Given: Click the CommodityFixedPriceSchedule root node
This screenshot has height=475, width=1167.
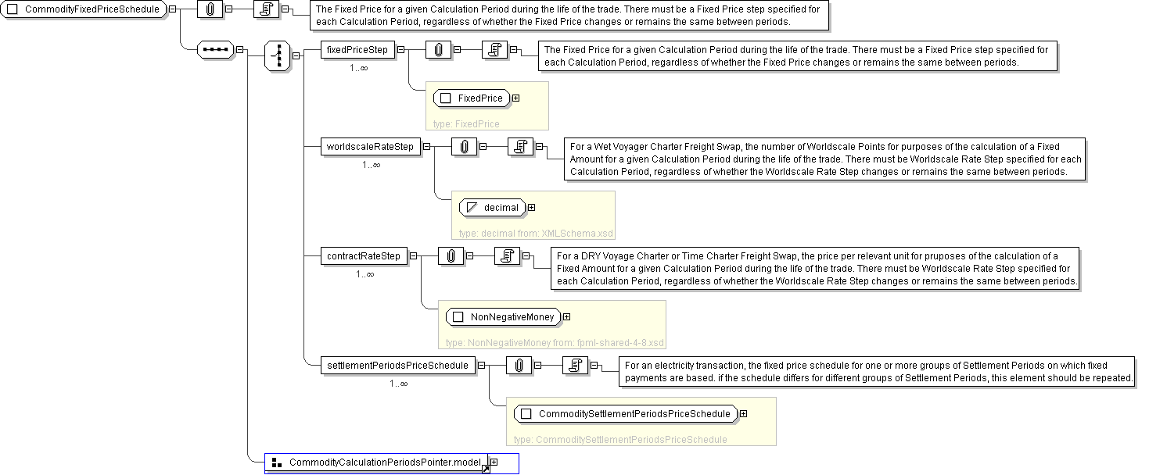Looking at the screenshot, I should pyautogui.click(x=84, y=10).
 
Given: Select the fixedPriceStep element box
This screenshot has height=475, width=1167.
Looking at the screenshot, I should pyautogui.click(x=357, y=50).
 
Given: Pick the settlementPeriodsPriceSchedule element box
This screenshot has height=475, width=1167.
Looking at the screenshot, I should pyautogui.click(x=397, y=365).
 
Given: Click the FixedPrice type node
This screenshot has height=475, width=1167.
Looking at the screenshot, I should pyautogui.click(x=472, y=98).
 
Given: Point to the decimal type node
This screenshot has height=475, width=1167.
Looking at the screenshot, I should pyautogui.click(x=492, y=208).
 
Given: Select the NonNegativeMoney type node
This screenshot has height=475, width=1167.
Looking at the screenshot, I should pyautogui.click(x=503, y=317).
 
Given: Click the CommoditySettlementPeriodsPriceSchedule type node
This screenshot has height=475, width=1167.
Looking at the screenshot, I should pyautogui.click(x=625, y=414).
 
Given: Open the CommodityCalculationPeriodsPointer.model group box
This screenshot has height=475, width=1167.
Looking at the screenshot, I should pyautogui.click(x=376, y=463).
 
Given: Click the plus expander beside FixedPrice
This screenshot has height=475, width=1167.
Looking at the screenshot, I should pyautogui.click(x=516, y=98).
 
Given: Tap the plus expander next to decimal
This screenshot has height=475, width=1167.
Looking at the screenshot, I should pyautogui.click(x=532, y=208).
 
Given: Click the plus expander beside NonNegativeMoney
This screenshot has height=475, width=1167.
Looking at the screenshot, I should pyautogui.click(x=566, y=317).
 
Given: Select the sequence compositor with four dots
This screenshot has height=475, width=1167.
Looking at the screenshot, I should pyautogui.click(x=215, y=50).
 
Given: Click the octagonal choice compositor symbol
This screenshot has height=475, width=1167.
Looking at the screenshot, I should pyautogui.click(x=277, y=56).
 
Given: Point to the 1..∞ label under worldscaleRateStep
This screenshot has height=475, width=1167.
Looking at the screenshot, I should pyautogui.click(x=371, y=165).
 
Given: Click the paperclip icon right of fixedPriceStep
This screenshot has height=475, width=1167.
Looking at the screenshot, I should pyautogui.click(x=438, y=50).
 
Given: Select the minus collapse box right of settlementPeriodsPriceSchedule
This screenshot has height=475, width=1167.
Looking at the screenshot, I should pyautogui.click(x=481, y=365).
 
